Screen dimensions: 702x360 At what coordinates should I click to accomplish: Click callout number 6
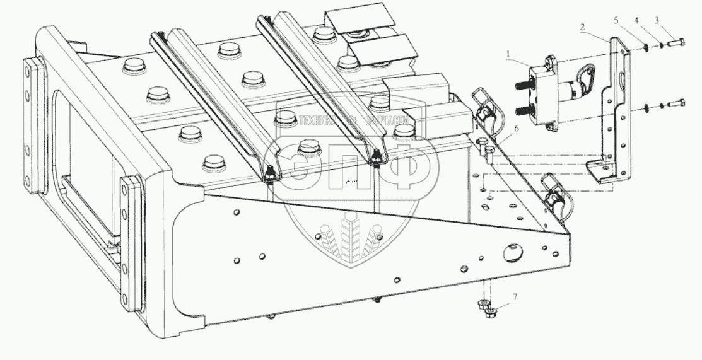pyautogui.click(x=517, y=129)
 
